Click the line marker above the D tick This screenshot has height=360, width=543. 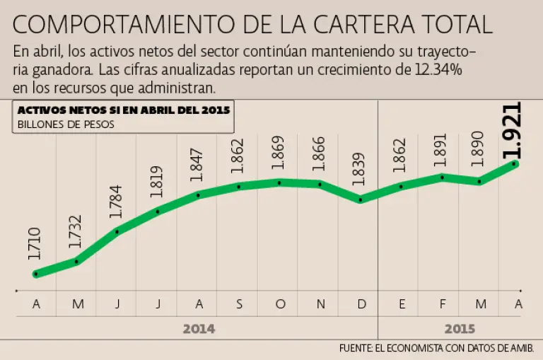361,199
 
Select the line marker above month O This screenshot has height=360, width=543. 279,182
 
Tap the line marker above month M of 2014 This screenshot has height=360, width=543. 76,262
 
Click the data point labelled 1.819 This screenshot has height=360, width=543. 157,211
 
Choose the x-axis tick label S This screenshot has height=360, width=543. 239,304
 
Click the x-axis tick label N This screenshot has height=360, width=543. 320,304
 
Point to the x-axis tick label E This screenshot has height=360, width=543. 402,304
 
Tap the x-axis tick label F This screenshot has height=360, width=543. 442,304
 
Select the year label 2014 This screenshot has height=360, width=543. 199,329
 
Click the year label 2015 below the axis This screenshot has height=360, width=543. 460,329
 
